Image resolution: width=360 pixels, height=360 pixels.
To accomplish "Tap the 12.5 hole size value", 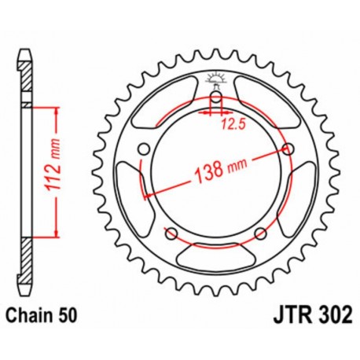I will (228, 123).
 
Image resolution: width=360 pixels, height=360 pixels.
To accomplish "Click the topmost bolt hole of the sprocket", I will (215, 97).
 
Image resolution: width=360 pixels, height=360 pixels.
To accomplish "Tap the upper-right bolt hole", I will (288, 149).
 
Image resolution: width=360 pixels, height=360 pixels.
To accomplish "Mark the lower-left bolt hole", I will (171, 232).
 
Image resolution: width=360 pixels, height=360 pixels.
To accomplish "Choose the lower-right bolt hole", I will (260, 232).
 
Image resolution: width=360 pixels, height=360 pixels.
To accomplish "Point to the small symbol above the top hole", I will (215, 79).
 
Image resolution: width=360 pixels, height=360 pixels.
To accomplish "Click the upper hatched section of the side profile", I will (27, 79).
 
